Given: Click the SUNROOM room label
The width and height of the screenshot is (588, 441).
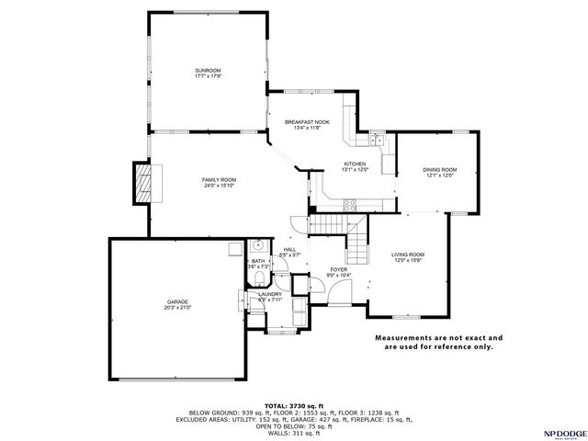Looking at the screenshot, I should (208, 71).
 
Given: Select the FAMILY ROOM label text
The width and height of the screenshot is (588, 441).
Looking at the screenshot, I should (220, 179).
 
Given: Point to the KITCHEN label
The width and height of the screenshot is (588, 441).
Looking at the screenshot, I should (329, 164).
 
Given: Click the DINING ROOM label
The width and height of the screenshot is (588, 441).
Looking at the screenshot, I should (439, 170).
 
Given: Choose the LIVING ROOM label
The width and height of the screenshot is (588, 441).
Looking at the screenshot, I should (407, 254).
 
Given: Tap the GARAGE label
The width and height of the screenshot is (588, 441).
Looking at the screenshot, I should (177, 300).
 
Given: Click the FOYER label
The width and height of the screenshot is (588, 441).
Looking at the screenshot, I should (339, 270).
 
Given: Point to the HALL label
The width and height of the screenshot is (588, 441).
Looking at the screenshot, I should (289, 250).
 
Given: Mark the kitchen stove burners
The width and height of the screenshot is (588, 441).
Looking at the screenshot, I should (349, 208).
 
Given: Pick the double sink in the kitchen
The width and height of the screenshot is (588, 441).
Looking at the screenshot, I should (377, 140).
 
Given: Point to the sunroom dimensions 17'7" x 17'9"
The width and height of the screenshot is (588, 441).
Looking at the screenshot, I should (208, 76).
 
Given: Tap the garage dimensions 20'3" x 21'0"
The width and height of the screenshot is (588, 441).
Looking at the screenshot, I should (177, 307).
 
